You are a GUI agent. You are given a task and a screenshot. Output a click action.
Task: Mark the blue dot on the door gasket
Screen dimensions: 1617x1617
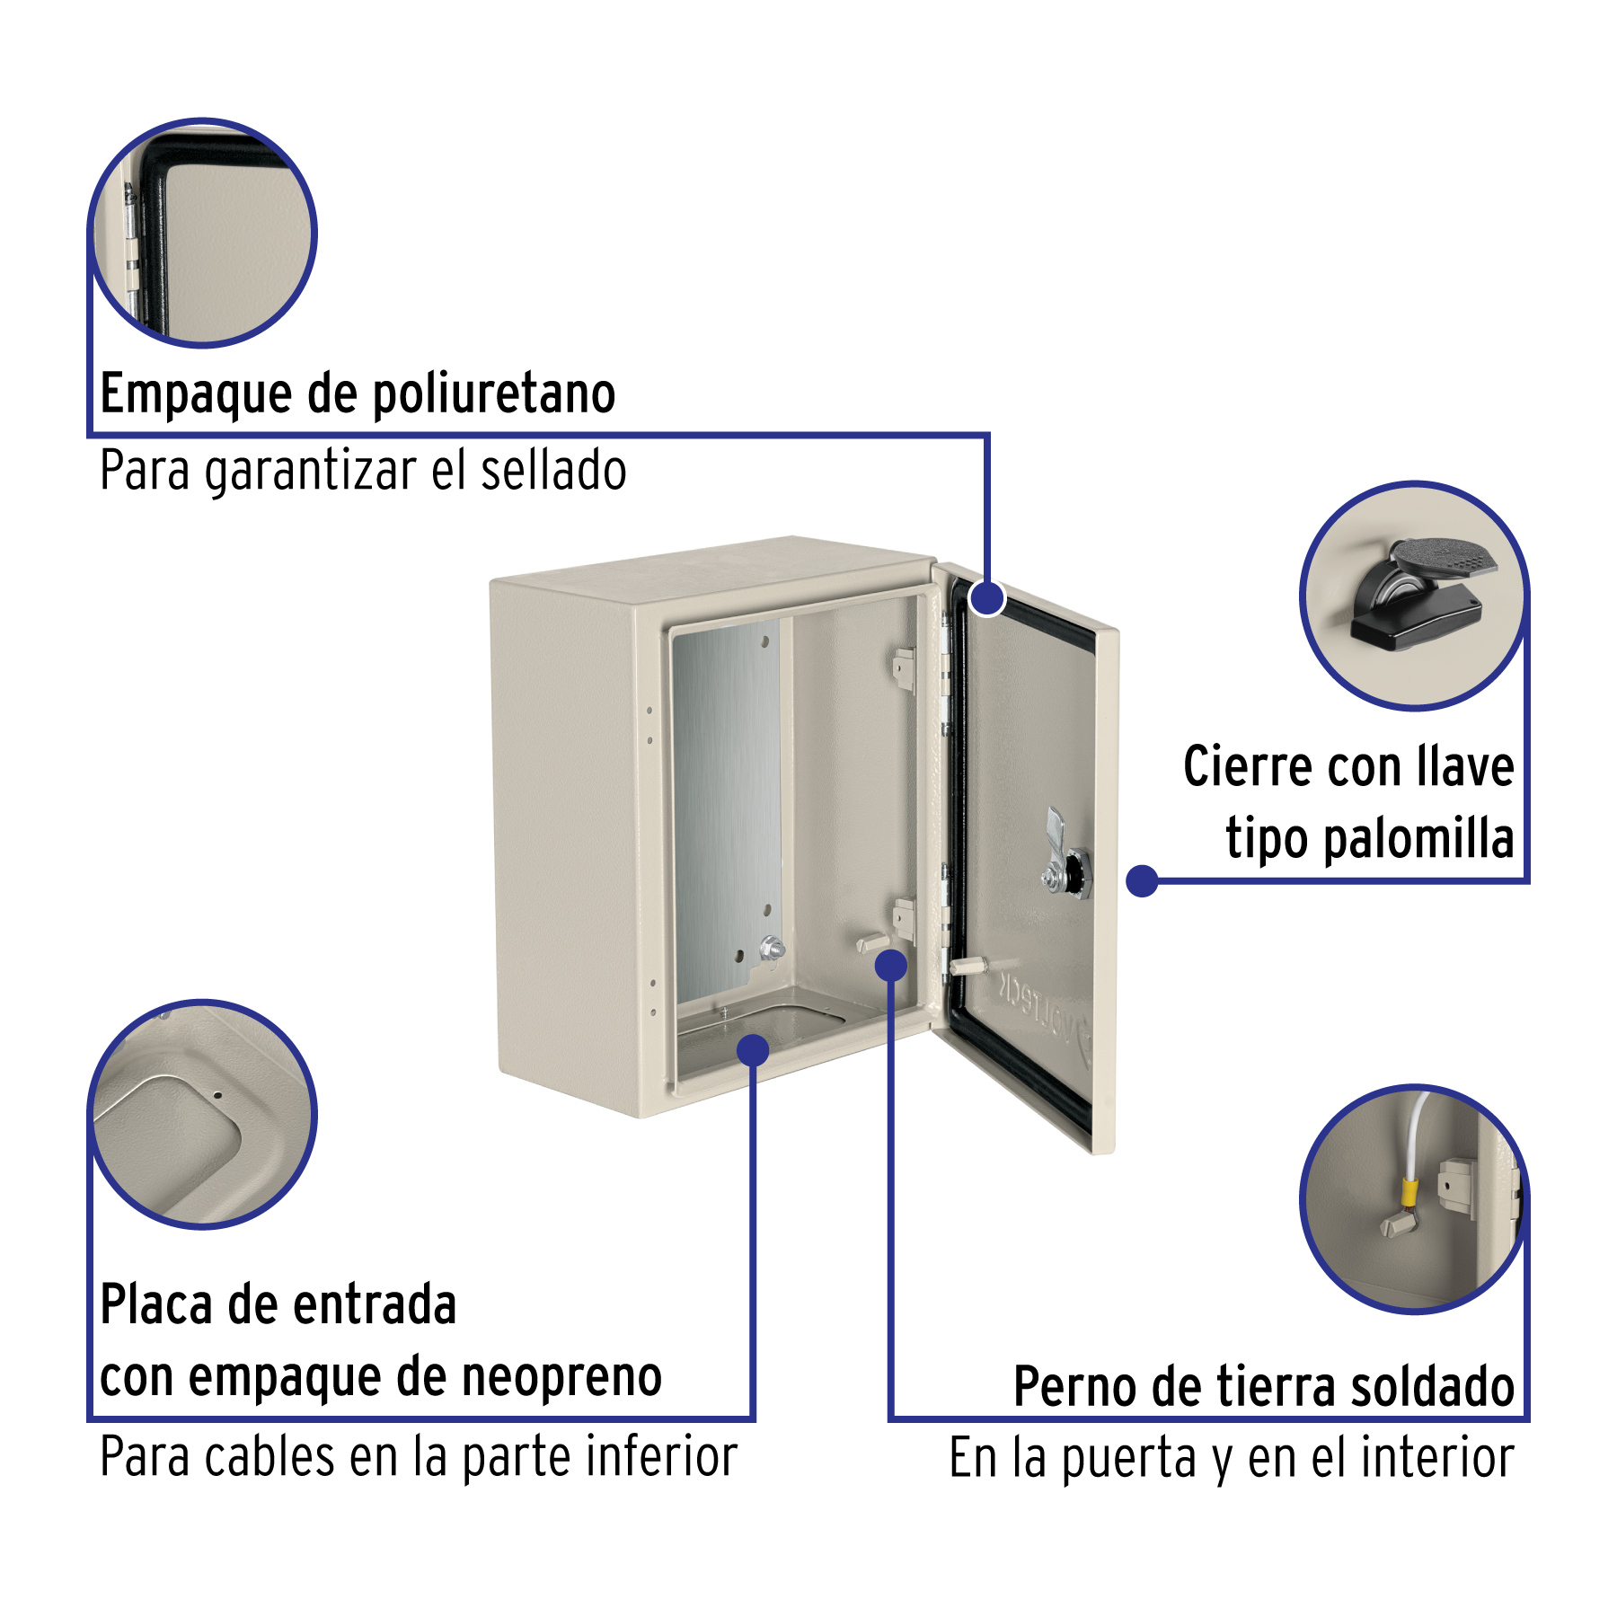(988, 597)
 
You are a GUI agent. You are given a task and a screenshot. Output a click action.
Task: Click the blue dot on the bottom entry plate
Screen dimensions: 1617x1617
(753, 1048)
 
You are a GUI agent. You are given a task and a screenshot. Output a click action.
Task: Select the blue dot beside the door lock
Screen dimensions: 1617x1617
(1142, 880)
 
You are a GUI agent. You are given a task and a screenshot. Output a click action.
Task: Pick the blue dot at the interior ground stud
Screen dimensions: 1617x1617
(891, 966)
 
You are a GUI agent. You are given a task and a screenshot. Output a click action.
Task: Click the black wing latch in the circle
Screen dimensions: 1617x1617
(1419, 594)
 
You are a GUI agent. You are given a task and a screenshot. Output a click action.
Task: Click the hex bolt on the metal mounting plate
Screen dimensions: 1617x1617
(771, 947)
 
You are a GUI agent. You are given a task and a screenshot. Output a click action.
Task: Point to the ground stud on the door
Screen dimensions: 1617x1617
(967, 966)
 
